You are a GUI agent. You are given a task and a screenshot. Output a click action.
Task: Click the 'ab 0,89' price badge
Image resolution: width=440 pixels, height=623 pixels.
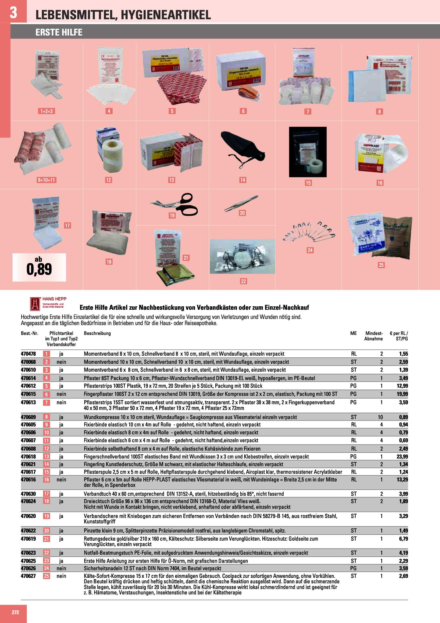click(39, 267)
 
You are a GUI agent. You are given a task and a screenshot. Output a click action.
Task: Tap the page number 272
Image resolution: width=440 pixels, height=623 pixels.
click(15, 612)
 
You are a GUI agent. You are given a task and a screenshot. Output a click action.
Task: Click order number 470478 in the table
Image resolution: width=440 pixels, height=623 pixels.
click(28, 354)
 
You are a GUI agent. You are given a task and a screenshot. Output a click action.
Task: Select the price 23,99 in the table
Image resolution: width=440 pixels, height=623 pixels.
click(402, 456)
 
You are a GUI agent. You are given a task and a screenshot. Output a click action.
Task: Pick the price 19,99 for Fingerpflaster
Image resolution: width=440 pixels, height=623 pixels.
click(402, 394)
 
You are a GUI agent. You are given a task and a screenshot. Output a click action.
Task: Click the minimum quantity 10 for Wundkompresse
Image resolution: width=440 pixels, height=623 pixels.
click(380, 417)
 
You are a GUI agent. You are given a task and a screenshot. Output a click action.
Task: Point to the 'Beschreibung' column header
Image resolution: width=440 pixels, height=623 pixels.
click(97, 333)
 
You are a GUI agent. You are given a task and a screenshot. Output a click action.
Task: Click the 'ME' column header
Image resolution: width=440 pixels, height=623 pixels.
click(353, 333)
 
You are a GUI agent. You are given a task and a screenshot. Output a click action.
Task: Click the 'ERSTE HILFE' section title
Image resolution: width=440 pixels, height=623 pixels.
click(59, 32)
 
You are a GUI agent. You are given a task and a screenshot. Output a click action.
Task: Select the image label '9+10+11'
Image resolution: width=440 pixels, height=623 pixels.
click(46, 180)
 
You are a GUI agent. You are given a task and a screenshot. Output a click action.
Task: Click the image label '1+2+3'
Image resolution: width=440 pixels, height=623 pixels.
click(46, 111)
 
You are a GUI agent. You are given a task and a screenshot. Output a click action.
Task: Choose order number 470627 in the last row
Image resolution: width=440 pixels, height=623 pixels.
click(28, 576)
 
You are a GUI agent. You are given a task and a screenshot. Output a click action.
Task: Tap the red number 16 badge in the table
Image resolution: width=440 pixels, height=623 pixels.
click(46, 479)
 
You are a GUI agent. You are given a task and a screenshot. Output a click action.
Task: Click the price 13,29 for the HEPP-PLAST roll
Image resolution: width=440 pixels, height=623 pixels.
click(402, 479)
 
